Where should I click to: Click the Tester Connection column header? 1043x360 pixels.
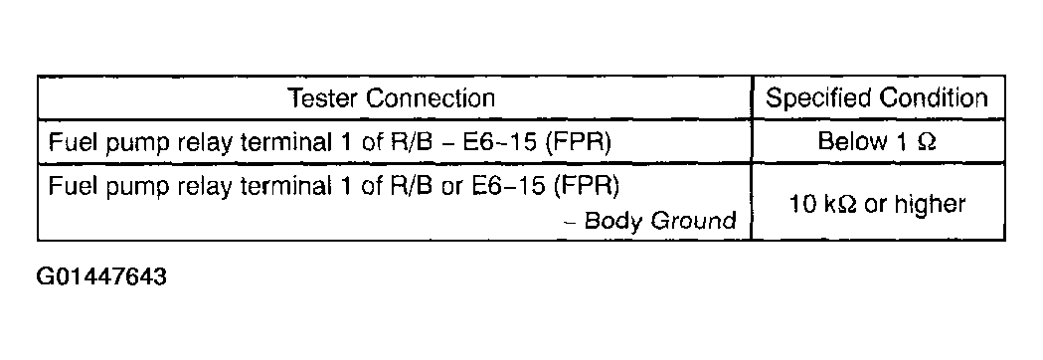click(x=392, y=98)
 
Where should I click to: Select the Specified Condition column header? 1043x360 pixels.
click(x=877, y=98)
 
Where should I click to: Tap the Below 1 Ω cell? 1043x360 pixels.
click(x=877, y=142)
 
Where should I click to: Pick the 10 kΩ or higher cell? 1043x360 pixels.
click(x=877, y=204)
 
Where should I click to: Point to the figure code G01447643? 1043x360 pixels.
click(x=101, y=276)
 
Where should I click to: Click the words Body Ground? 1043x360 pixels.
click(x=660, y=221)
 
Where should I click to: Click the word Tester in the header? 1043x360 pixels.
click(x=324, y=98)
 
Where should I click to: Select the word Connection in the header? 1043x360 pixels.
click(x=432, y=98)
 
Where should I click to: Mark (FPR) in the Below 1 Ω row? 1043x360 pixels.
click(x=578, y=142)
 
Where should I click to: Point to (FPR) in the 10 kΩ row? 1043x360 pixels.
click(x=586, y=186)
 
